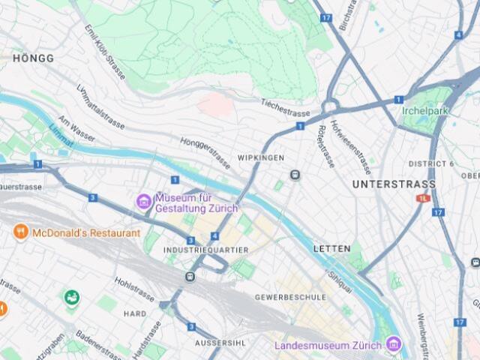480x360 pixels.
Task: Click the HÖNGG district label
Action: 33,58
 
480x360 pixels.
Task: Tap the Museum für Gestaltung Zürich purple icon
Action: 142,201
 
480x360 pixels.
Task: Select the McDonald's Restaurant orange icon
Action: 20,232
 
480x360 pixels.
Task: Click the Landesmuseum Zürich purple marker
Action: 392,346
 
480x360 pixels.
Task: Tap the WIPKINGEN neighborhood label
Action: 260,158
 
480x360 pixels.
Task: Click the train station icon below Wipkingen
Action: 295,175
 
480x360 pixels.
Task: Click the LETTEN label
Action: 331,248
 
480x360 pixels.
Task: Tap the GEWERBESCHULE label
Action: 290,297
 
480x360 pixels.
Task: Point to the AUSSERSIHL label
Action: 217,343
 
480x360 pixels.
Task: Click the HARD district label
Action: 135,313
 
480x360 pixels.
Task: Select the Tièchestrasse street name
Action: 285,108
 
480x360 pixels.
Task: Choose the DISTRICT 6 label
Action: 431,163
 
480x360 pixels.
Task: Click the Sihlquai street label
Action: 340,276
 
